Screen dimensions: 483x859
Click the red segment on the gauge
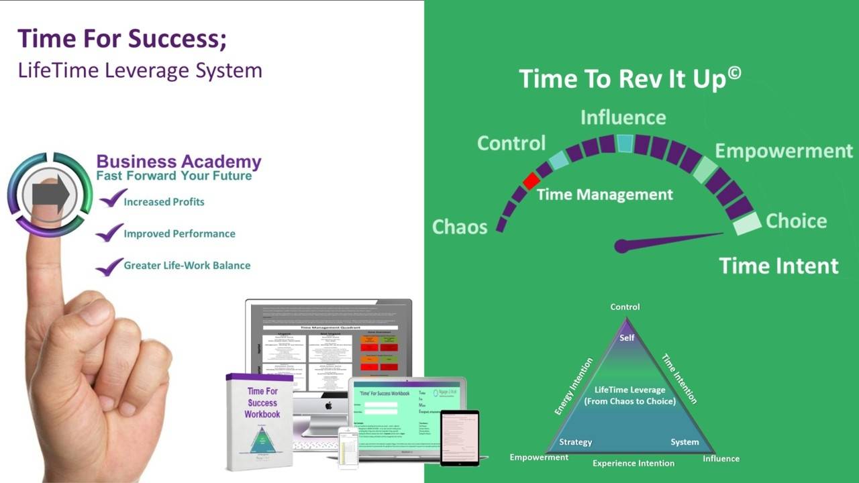(531, 180)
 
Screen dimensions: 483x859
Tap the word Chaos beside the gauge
(459, 227)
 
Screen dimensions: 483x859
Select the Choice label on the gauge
(796, 221)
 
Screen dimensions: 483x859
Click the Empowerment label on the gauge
(783, 150)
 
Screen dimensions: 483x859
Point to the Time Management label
(604, 195)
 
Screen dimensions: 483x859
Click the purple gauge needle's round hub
(621, 246)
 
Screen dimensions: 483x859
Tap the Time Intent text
(778, 266)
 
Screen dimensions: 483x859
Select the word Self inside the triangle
(627, 337)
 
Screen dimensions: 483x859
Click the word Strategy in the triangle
(575, 442)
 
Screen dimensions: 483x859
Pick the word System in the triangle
(685, 442)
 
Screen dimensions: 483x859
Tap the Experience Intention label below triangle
(633, 463)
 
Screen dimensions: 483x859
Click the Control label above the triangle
(625, 307)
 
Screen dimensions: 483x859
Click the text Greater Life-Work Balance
(187, 266)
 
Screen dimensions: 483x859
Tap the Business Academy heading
(179, 162)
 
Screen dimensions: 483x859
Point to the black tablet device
(460, 437)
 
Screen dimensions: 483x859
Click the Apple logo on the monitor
(329, 405)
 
